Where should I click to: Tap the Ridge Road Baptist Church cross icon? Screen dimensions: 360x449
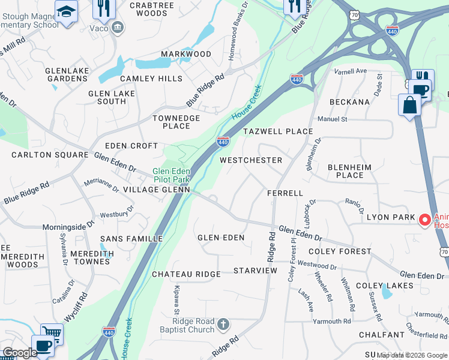(223, 325)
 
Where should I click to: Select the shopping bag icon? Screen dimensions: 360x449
(409, 105)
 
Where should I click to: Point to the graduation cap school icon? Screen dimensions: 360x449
(65, 10)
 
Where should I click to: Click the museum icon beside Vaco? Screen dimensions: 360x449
(118, 26)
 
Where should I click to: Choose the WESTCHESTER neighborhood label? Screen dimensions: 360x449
(250, 160)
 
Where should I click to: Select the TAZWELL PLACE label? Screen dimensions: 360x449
(277, 131)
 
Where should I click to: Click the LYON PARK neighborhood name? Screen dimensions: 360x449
(391, 217)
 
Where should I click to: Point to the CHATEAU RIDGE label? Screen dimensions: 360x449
(186, 274)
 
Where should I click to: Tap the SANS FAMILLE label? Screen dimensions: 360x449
(131, 239)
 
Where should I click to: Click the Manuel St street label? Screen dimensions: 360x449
(332, 119)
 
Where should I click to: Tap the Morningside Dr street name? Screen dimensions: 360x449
(68, 227)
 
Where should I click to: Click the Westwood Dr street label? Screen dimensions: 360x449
(318, 265)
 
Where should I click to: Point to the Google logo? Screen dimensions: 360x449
(19, 353)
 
